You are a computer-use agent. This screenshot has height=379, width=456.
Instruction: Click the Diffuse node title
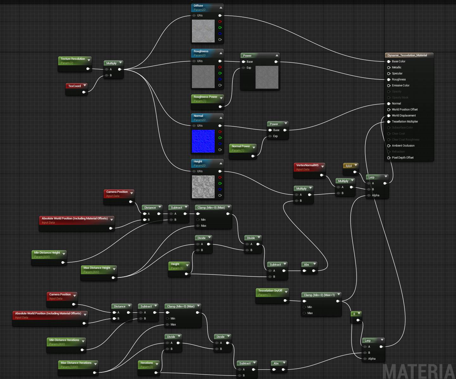coord(199,6)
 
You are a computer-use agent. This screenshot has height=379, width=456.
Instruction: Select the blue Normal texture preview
coord(203,141)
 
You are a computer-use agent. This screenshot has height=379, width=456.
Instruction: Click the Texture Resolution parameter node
coord(73,59)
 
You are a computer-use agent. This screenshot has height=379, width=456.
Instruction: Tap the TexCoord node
coord(75,86)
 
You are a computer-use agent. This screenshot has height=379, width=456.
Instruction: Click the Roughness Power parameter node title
coord(206,97)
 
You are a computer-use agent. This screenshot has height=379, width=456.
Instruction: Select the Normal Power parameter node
coord(241,146)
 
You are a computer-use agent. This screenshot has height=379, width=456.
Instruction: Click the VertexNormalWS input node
coord(307,165)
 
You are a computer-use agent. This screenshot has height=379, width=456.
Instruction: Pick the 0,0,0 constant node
coord(349,166)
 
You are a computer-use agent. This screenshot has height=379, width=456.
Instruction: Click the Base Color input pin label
coord(398,61)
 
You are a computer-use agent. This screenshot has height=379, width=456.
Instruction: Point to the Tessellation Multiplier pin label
coord(405,122)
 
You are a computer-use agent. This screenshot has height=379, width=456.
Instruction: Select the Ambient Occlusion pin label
coord(403,146)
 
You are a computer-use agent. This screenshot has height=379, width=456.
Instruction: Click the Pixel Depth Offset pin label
coord(402,158)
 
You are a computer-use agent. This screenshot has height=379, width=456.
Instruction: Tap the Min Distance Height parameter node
coord(47,253)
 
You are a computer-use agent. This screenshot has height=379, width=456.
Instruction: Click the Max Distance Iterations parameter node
coord(76,363)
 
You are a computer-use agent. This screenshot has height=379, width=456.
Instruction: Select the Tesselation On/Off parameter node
coord(270,291)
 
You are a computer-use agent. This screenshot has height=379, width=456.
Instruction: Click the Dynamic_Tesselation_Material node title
coord(407,55)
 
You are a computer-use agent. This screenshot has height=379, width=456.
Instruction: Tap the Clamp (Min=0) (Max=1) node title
coord(319,295)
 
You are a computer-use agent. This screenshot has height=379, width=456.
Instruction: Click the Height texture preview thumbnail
coord(203,187)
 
